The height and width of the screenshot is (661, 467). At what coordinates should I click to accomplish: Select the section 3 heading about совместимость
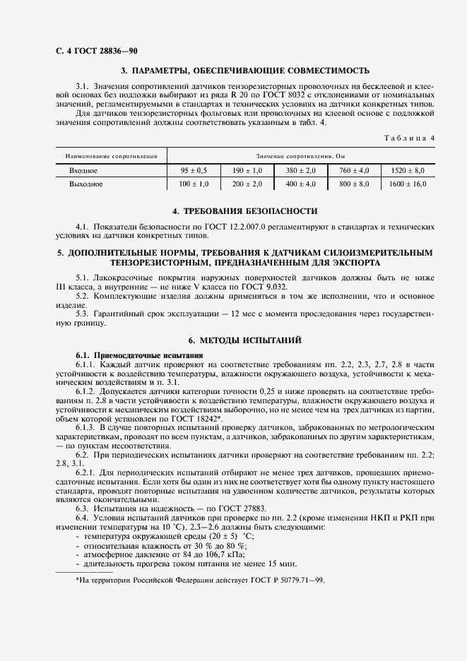click(x=245, y=71)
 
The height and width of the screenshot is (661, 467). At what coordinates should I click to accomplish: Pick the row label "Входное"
click(x=83, y=171)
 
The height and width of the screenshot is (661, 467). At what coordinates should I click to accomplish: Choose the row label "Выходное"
click(x=86, y=184)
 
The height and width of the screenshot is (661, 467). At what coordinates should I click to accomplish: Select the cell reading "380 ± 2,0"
click(x=301, y=171)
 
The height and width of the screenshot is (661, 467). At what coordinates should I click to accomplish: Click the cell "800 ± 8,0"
click(x=354, y=184)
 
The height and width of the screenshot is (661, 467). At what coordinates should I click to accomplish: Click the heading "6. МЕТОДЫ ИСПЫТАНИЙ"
click(x=245, y=340)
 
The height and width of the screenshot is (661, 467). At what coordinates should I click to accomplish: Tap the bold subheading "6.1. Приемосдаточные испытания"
click(x=139, y=354)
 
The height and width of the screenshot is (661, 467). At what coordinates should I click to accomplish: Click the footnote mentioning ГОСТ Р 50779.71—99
click(x=200, y=579)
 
